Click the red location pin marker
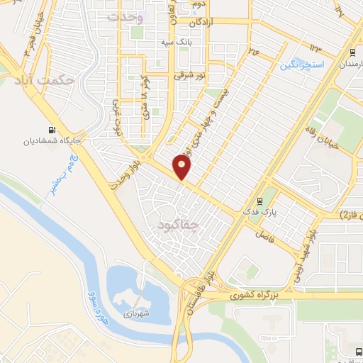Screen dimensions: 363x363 pyautogui.click(x=182, y=167)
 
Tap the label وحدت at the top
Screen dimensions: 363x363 pyautogui.click(x=125, y=17)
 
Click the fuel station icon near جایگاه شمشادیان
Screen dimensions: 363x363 pyautogui.click(x=51, y=130)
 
